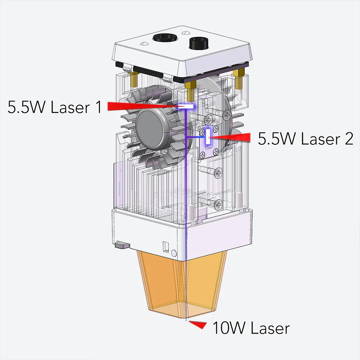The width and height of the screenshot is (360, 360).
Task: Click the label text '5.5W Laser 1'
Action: point(55,107)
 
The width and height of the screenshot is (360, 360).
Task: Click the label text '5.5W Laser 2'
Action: point(305,139)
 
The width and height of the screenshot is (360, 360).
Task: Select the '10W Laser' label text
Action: point(251,328)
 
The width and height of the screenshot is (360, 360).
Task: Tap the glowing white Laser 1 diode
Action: point(186,107)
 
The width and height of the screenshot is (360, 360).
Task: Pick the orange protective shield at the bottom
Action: point(182,284)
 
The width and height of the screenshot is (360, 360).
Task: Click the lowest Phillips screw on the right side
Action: point(219,204)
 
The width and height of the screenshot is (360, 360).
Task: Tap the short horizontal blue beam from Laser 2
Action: point(196,138)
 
